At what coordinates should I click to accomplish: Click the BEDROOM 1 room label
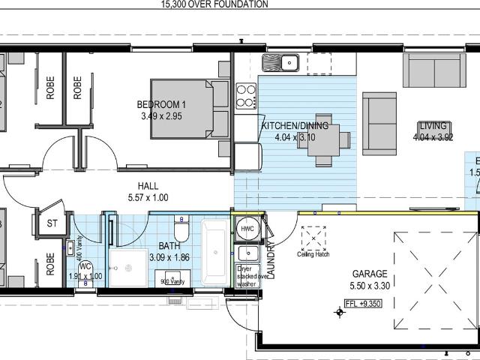(161, 104)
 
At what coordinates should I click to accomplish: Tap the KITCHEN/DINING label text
(294, 126)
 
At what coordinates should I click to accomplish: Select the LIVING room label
(433, 126)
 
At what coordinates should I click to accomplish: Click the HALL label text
(148, 186)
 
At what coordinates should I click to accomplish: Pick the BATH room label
(169, 246)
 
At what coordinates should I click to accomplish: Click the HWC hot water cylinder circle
(247, 229)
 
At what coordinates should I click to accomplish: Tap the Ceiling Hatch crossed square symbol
(315, 239)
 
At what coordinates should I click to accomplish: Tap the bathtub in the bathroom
(214, 250)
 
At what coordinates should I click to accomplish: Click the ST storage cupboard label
(52, 223)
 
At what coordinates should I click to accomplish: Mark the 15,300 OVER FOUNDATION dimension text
(214, 4)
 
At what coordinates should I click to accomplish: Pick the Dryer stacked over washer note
(247, 276)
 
